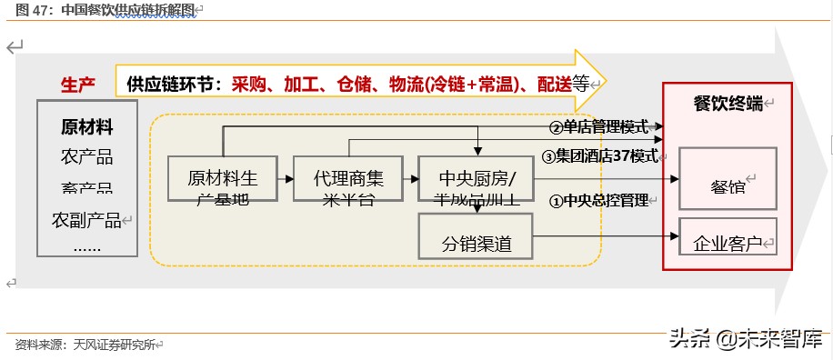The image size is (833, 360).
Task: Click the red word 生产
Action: pos(78,85)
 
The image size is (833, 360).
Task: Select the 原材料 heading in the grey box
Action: pos(87,126)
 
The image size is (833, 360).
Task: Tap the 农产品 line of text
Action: pos(87,156)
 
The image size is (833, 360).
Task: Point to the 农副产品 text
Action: pos(87,219)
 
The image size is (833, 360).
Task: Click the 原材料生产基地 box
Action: pos(222,178)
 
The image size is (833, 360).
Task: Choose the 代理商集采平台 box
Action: pos(347,178)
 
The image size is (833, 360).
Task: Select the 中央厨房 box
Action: pos(476,178)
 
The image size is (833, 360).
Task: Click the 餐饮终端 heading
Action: pos(728,103)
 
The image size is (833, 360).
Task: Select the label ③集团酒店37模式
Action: pos(600,155)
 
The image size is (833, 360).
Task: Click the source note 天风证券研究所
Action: pos(115,345)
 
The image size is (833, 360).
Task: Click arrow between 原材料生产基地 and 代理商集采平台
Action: pos(285,179)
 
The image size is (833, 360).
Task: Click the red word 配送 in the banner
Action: pos(553,85)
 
